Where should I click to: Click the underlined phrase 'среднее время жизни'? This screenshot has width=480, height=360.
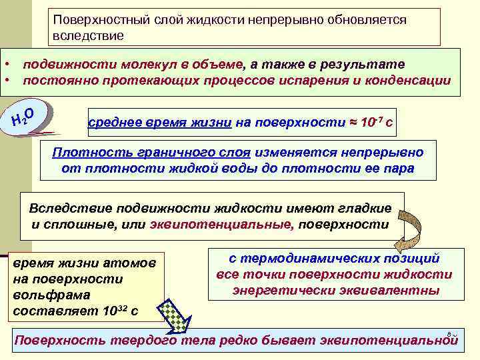coord(160,123)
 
